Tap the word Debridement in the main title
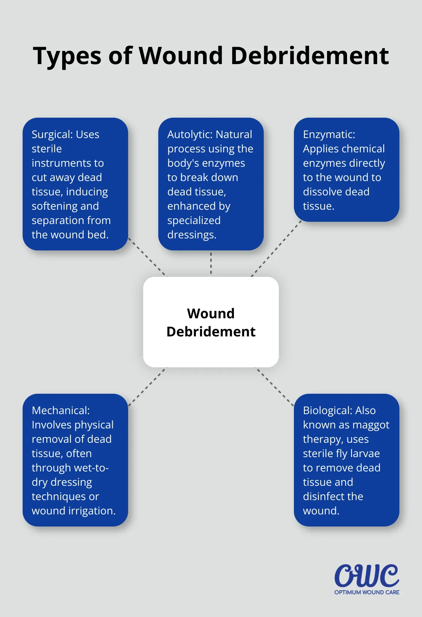(309, 56)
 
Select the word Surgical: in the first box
(52, 135)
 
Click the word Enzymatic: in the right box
(329, 135)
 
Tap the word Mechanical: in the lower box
(61, 411)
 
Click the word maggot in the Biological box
(371, 425)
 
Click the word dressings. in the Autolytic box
(192, 235)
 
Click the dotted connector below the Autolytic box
(211, 263)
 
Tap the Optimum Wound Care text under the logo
(367, 592)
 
